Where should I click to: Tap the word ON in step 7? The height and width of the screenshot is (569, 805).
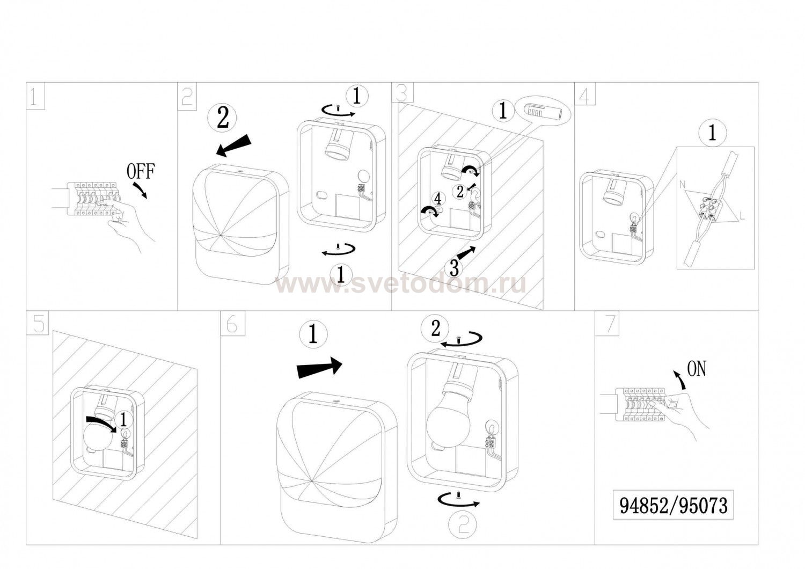[697, 369]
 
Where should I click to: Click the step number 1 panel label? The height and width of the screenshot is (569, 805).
[35, 96]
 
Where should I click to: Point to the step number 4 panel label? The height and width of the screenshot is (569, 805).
[585, 94]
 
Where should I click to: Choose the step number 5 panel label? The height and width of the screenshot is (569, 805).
[38, 323]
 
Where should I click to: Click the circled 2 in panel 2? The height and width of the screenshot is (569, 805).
[223, 118]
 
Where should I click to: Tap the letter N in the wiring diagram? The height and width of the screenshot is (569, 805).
[683, 185]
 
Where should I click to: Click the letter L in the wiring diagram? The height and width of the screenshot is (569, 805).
[742, 216]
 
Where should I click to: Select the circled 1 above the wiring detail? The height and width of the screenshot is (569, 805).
[712, 134]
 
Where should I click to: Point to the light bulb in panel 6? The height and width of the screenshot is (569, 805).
[448, 422]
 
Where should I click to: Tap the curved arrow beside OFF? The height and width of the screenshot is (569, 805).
[141, 189]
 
